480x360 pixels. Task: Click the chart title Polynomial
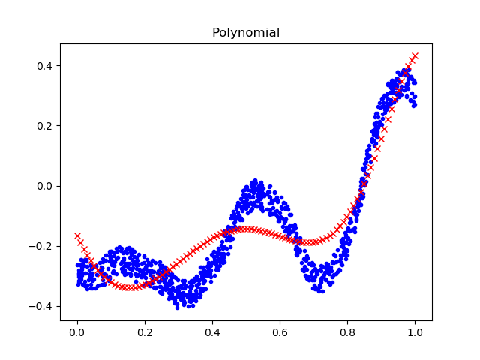tap(246, 33)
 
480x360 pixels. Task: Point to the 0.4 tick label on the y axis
tap(46, 66)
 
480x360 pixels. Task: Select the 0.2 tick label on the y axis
tap(46, 126)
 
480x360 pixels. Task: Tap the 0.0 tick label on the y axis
tap(46, 186)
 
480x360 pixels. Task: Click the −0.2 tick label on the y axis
tap(42, 246)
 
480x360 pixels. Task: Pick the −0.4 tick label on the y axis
tap(42, 306)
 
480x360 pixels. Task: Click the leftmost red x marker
tap(77, 235)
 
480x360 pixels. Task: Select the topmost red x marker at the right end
tap(415, 55)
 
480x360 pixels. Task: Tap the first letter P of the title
tap(216, 33)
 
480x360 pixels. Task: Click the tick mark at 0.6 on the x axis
tap(280, 322)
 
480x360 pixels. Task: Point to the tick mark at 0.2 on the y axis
tap(58, 126)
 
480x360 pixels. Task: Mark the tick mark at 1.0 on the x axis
tap(415, 322)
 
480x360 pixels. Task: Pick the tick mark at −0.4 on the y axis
tap(58, 306)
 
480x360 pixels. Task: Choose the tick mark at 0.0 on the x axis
tap(77, 322)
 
